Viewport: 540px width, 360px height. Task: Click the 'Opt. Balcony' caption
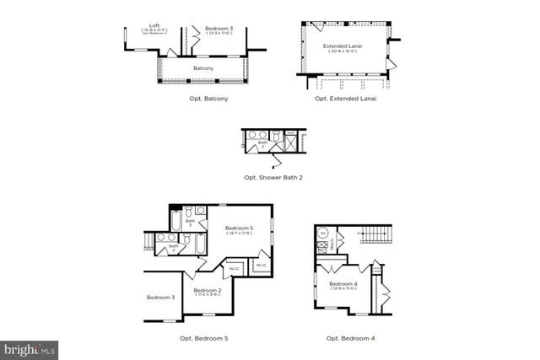(209, 99)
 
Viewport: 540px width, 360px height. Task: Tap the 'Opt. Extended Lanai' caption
(345, 99)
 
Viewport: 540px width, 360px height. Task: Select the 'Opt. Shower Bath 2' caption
(273, 177)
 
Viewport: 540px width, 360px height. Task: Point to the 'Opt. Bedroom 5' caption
(203, 338)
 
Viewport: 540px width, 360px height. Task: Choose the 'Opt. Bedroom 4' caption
(350, 338)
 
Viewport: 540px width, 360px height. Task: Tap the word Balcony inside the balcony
(202, 67)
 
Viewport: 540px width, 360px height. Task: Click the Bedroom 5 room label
(239, 228)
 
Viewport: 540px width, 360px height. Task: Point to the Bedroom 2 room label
(207, 290)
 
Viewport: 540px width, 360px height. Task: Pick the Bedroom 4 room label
(343, 284)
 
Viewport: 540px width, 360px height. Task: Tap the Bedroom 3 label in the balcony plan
(219, 29)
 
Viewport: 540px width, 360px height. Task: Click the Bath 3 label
(190, 223)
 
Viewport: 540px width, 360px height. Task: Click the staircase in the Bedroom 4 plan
(377, 232)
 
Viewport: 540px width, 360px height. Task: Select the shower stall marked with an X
(289, 145)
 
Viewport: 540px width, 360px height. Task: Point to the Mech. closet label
(332, 243)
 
